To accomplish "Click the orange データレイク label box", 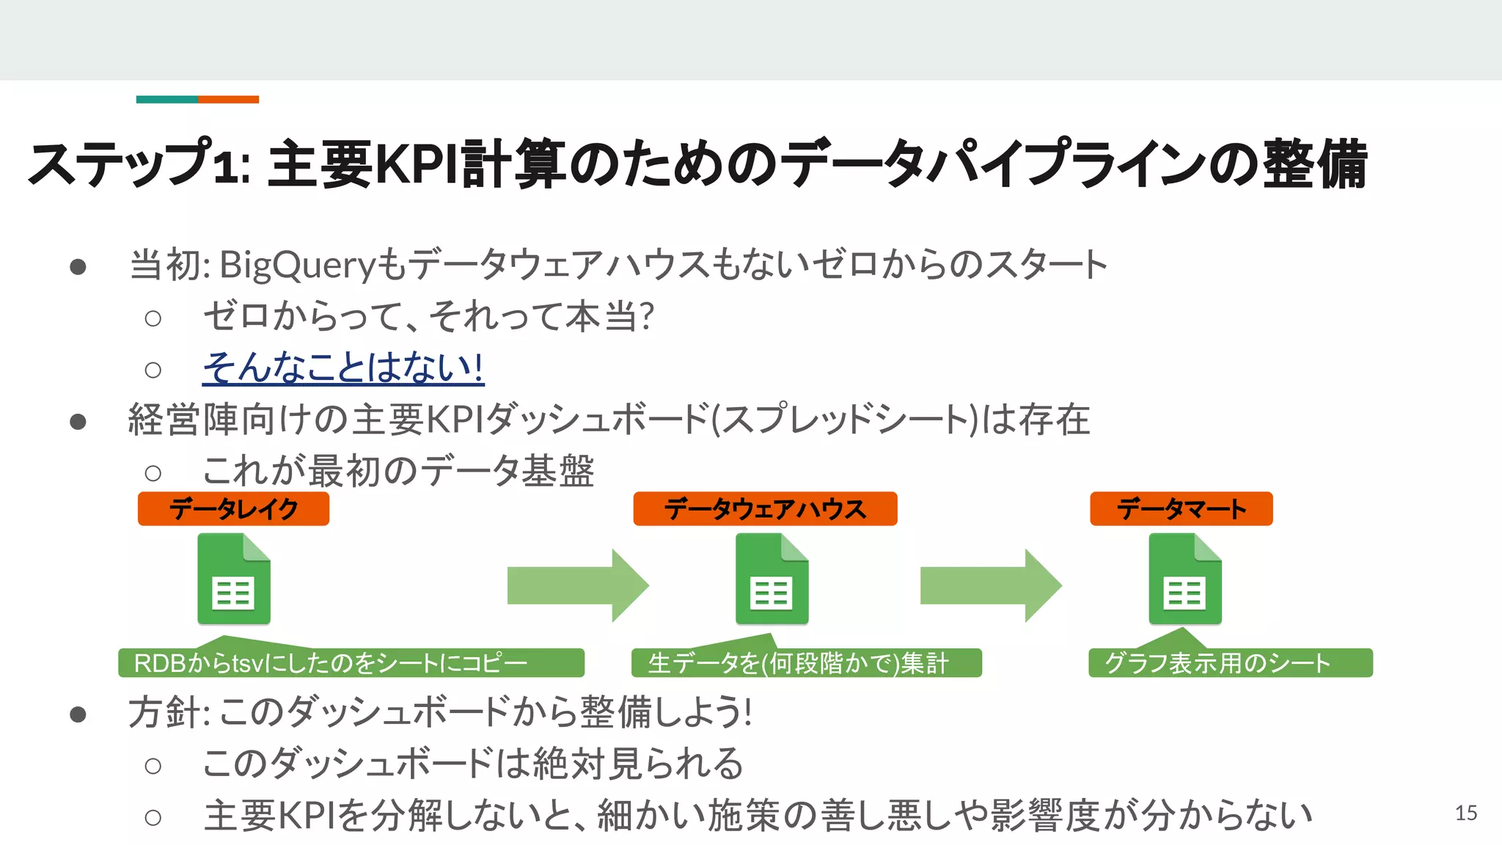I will click(233, 508).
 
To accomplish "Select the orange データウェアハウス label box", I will click(765, 508).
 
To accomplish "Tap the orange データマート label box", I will click(1181, 508).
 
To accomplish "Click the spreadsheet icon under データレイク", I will click(234, 579).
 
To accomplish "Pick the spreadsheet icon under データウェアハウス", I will click(772, 579).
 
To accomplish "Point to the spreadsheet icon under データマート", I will click(1185, 579).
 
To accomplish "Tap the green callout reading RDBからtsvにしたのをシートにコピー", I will click(351, 663).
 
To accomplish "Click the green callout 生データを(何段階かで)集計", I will click(805, 663).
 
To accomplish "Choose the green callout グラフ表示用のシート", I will click(1230, 663).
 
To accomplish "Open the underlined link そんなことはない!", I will click(342, 367).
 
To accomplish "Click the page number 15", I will click(1466, 813).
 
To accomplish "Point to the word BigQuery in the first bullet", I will click(298, 265).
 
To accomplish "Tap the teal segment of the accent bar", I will click(166, 99).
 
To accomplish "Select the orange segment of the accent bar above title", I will click(228, 99).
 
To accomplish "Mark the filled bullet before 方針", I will click(78, 714).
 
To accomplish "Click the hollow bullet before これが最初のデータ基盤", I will click(153, 473).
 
